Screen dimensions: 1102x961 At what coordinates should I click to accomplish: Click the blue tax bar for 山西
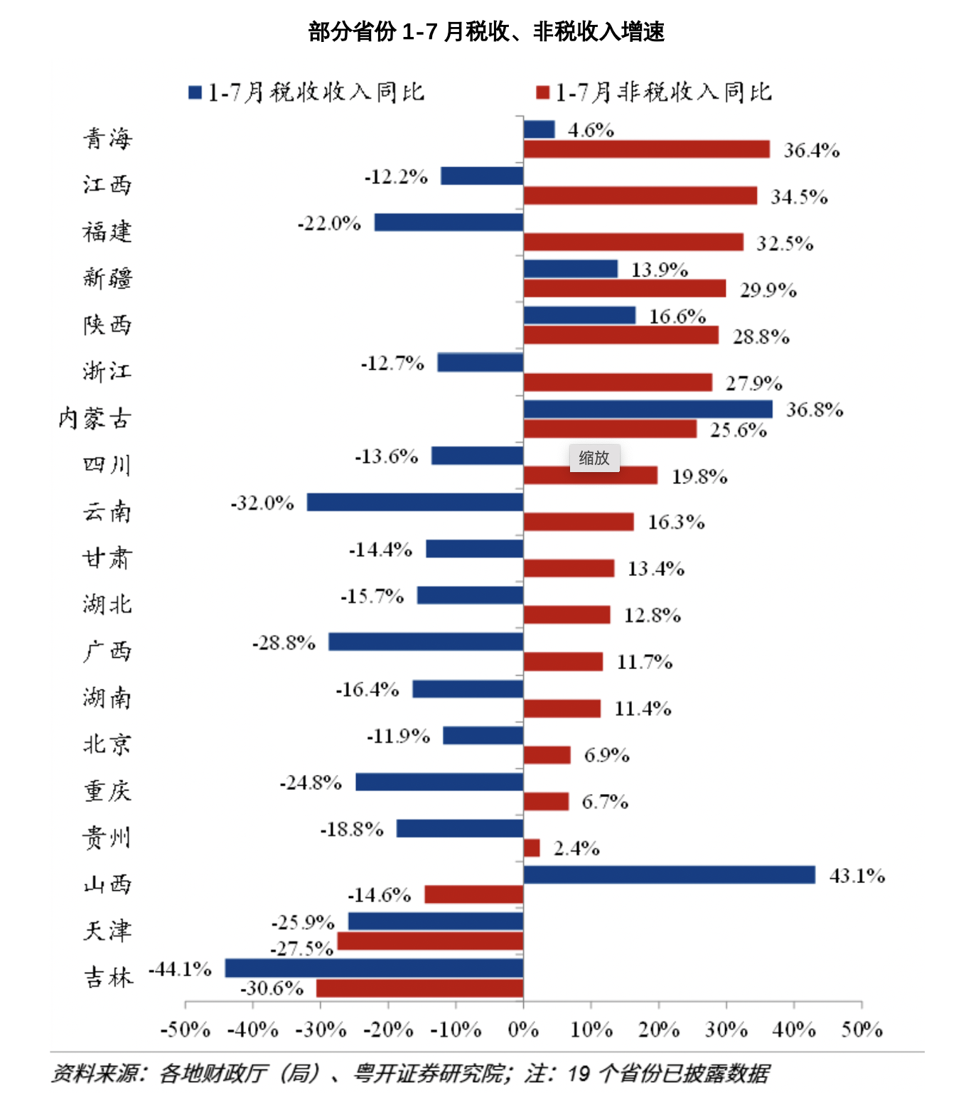[x=669, y=874]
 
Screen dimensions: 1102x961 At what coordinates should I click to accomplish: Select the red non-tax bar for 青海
[x=646, y=149]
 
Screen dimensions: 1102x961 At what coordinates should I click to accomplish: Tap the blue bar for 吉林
[x=374, y=968]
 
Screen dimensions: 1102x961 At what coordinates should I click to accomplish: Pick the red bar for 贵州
[x=532, y=847]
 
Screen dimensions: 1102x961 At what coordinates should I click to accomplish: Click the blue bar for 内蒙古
[x=648, y=409]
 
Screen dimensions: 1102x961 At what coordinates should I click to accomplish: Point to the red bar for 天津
[x=430, y=941]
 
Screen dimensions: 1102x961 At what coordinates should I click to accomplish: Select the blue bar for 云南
[x=415, y=502]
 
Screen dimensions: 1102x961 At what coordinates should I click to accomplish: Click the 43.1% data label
[x=857, y=875]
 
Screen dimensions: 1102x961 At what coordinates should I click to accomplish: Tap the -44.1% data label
[x=180, y=969]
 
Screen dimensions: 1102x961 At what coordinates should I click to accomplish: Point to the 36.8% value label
[x=815, y=410]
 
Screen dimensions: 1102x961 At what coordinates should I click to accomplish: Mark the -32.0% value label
[x=262, y=503]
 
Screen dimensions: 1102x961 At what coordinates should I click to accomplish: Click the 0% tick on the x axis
[x=523, y=1029]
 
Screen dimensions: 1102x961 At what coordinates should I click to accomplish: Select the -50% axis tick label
[x=186, y=1029]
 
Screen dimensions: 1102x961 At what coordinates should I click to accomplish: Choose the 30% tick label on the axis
[x=726, y=1029]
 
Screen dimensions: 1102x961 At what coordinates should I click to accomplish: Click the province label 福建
[x=107, y=232]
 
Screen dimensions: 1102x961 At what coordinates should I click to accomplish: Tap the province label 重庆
[x=107, y=791]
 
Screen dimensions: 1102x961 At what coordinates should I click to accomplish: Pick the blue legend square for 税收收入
[x=195, y=92]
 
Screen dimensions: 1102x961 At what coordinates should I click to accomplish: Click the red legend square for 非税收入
[x=543, y=92]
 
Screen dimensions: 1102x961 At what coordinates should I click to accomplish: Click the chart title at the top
[x=486, y=32]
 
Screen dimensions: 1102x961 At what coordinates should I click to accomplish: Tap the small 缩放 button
[x=594, y=458]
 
